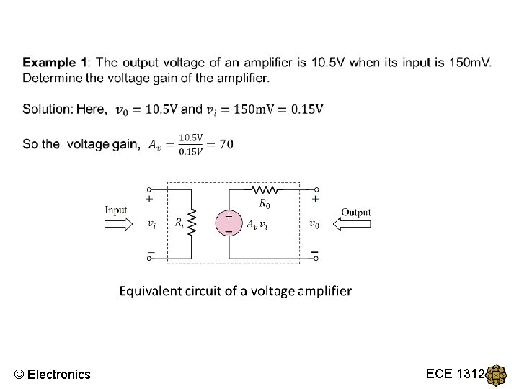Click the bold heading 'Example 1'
tap(57, 63)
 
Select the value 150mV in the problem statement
tap(468, 63)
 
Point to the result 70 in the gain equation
tap(226, 144)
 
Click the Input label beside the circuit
tap(116, 210)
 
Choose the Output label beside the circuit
tap(355, 212)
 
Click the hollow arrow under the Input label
tap(119, 224)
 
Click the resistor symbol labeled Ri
tap(192, 223)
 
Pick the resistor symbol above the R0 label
tap(265, 191)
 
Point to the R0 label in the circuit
tap(265, 204)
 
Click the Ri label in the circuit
tap(179, 223)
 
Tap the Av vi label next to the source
tap(258, 224)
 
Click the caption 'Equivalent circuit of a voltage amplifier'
tap(235, 291)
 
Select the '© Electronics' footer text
tap(53, 374)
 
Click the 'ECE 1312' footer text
tap(456, 373)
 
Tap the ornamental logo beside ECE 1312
tap(497, 375)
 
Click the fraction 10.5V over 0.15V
tap(191, 144)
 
